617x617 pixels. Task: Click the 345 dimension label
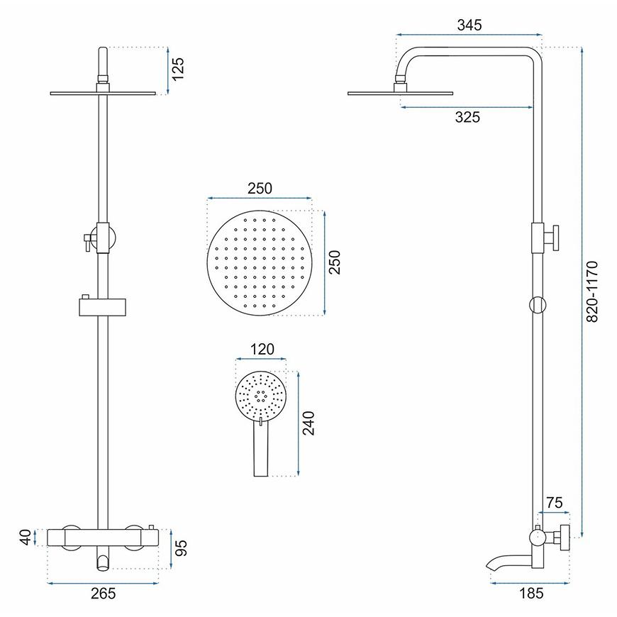pyautogui.click(x=469, y=26)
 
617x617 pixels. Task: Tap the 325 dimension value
pyautogui.click(x=467, y=117)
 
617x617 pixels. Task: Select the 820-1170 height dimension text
pyautogui.click(x=591, y=291)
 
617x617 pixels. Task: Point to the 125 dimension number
pyautogui.click(x=178, y=69)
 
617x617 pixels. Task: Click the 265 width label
pyautogui.click(x=103, y=594)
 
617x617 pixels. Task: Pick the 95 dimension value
pyautogui.click(x=181, y=547)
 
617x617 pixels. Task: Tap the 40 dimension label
pyautogui.click(x=26, y=538)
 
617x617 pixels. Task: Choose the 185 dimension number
pyautogui.click(x=531, y=594)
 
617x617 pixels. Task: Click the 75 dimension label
pyautogui.click(x=554, y=503)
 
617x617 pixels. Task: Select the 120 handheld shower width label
pyautogui.click(x=262, y=349)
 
